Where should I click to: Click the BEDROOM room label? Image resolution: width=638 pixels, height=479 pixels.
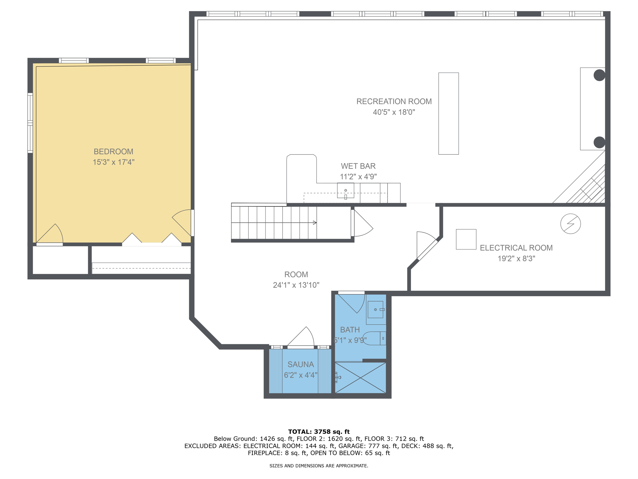[x=113, y=152]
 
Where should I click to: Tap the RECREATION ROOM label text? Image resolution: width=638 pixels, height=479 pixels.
[x=394, y=101]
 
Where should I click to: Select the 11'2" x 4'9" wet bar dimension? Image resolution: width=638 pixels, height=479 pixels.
[x=358, y=177]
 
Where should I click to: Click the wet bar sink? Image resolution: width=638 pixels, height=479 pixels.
[x=345, y=191]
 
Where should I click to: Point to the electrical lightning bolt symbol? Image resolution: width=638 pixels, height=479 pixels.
[x=570, y=224]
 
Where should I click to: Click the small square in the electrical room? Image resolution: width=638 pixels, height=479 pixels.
[x=466, y=239]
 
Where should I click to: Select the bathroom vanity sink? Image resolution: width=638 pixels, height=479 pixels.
[x=375, y=309]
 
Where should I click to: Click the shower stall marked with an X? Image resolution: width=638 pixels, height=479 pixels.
[x=360, y=378]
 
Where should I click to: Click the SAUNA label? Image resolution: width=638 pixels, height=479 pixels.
[x=300, y=364]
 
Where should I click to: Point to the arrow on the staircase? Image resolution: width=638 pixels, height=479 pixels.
[x=315, y=223]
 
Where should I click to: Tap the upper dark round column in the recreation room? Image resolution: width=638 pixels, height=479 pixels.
[x=599, y=75]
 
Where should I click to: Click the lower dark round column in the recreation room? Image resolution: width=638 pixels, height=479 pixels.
[x=599, y=142]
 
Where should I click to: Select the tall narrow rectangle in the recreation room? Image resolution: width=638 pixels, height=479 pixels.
[x=448, y=114]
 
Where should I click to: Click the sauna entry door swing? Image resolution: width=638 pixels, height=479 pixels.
[x=302, y=337]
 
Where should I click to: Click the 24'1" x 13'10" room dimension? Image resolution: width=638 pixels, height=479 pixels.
[x=296, y=285]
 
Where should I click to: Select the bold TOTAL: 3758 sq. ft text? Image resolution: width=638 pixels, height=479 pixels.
[x=319, y=432]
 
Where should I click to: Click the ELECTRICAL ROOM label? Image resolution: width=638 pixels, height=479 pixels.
[x=516, y=248]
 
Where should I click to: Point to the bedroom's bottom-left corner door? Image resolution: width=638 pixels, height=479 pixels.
[x=50, y=235]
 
